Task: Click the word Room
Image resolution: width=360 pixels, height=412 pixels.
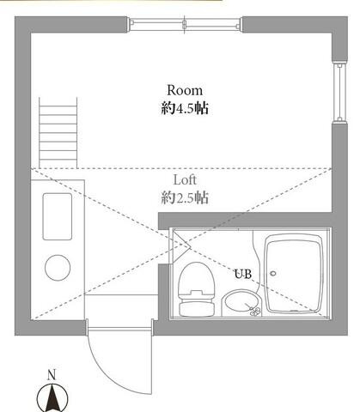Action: point(184,89)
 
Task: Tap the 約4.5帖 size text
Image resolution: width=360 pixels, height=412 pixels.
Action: point(185,109)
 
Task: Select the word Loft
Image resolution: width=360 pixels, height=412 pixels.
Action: point(186,180)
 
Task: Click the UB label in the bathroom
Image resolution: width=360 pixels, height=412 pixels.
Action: point(244,275)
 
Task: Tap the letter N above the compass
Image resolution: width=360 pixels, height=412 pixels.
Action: point(51,374)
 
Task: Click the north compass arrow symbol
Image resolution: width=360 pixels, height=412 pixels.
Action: point(51,397)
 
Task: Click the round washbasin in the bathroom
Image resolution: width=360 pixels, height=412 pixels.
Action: point(240,302)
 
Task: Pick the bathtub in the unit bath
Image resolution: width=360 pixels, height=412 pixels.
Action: point(296,275)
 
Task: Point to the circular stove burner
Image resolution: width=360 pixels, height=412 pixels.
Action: point(58,268)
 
